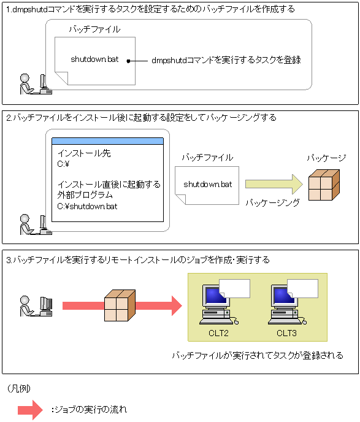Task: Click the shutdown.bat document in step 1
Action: click(x=95, y=61)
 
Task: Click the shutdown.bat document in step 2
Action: click(x=207, y=185)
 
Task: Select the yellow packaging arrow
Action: click(x=274, y=184)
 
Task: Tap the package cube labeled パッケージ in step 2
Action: click(x=324, y=185)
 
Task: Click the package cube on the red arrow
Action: click(x=120, y=305)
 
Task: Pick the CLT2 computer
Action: click(x=218, y=305)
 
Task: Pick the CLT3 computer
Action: click(x=287, y=305)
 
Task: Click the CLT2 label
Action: click(x=218, y=333)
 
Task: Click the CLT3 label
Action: click(x=286, y=333)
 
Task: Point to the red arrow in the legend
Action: click(x=30, y=410)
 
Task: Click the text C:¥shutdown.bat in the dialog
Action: click(x=87, y=207)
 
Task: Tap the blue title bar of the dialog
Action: click(x=107, y=141)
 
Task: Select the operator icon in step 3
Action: click(x=36, y=306)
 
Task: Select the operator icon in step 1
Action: click(x=36, y=84)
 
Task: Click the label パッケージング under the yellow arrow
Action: click(x=272, y=202)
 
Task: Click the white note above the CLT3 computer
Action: click(x=303, y=288)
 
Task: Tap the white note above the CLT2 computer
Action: click(x=235, y=288)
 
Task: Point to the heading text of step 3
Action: click(x=138, y=260)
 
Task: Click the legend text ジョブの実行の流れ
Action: click(x=89, y=410)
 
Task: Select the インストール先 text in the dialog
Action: click(x=84, y=153)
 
